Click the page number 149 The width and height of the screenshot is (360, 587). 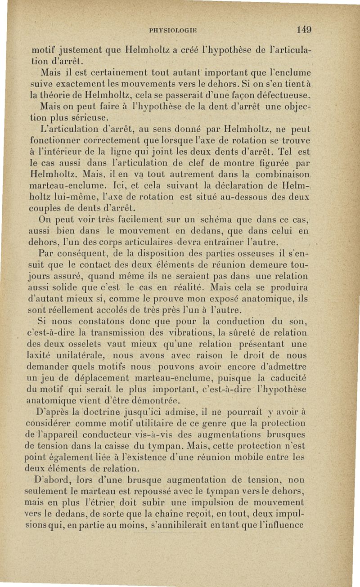point(304,31)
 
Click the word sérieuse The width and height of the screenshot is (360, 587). point(87,119)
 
